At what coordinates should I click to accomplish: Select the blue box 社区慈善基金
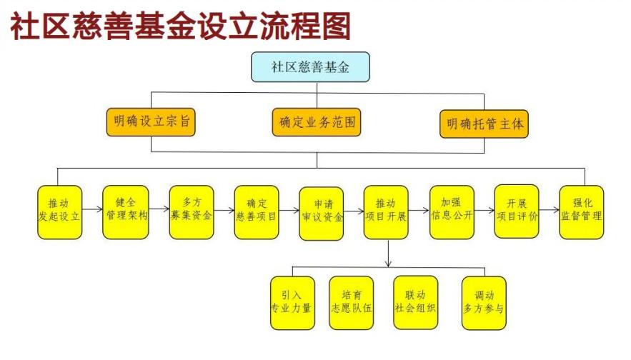[x=310, y=66]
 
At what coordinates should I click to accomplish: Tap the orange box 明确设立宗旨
[x=150, y=122]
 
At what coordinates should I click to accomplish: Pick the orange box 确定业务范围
[x=316, y=122]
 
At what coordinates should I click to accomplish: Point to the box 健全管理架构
[x=125, y=211]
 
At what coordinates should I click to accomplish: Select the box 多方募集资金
[x=191, y=211]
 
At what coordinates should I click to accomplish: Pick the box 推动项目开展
[x=386, y=212]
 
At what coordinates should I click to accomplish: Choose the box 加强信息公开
[x=452, y=211]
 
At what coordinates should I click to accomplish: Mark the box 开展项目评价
[x=517, y=211]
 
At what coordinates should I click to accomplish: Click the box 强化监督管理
[x=582, y=212]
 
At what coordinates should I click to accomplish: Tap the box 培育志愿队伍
[x=351, y=302]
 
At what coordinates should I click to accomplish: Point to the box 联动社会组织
[x=415, y=302]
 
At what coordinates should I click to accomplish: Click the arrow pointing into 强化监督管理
[x=550, y=212]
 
